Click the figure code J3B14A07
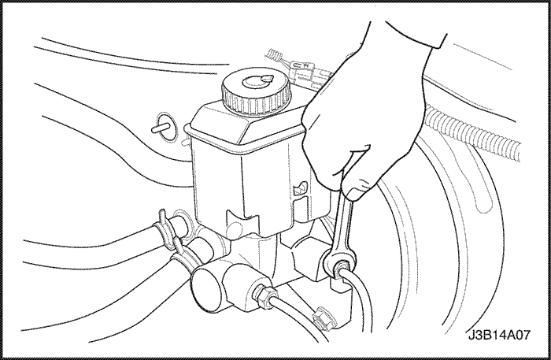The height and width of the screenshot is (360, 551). click(x=499, y=335)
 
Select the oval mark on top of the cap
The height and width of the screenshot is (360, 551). click(x=257, y=82)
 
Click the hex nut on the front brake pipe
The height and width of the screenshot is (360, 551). click(x=264, y=295)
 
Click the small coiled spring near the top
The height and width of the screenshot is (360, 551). click(x=275, y=55)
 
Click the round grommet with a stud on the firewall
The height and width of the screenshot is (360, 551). click(x=164, y=128)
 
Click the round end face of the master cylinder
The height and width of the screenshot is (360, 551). click(x=208, y=288)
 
